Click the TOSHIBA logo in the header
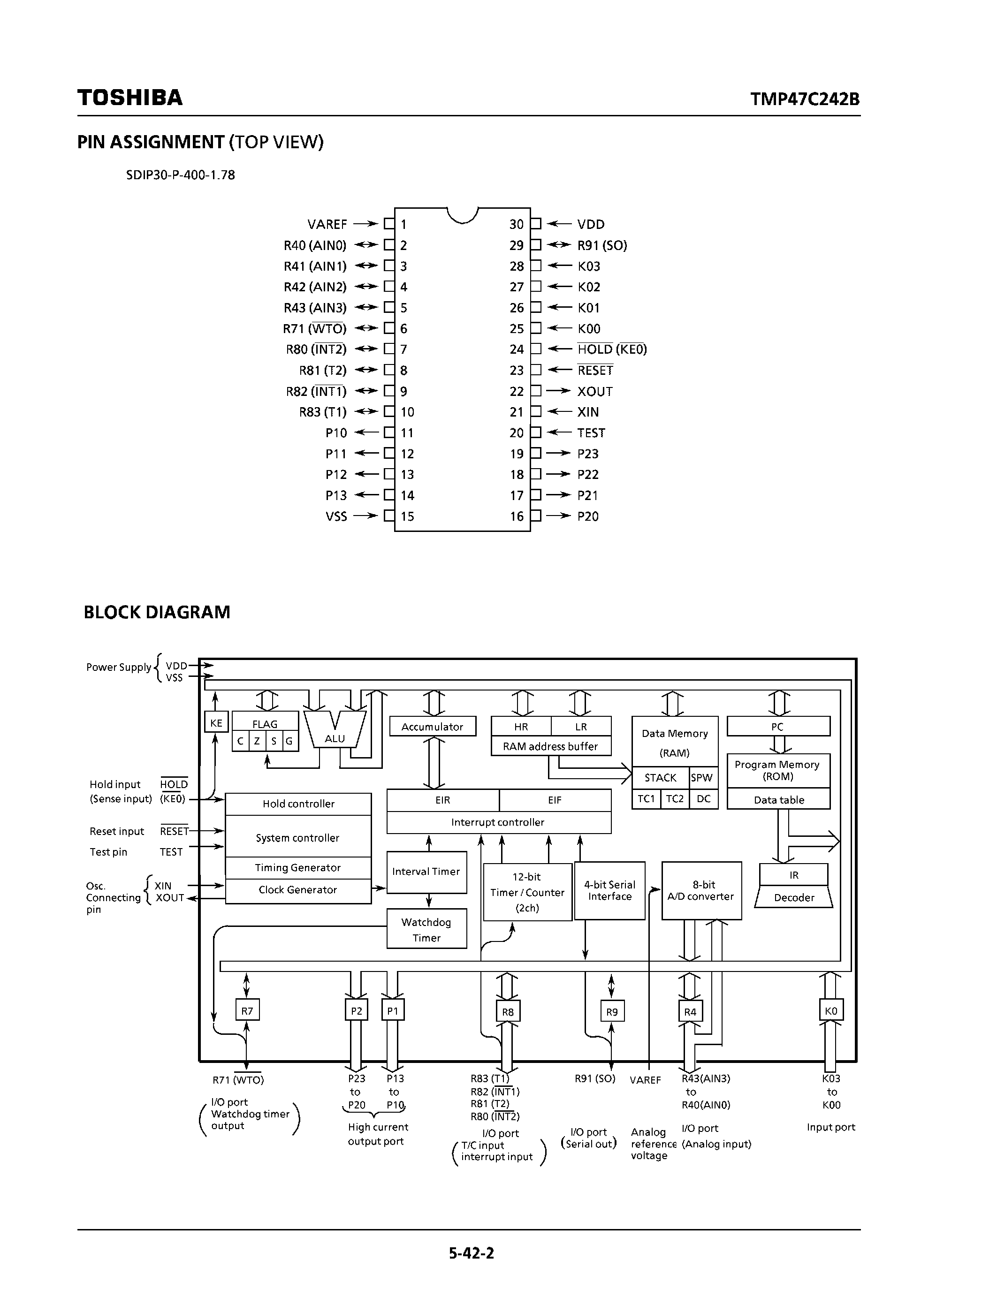pos(130,98)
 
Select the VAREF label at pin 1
pos(327,224)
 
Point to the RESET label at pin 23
pos(595,370)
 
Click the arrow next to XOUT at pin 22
pos(557,391)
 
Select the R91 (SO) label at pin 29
pos(602,245)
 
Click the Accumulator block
pos(433,727)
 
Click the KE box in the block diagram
pos(216,722)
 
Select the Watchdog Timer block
pos(426,929)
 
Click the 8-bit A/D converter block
pos(701,891)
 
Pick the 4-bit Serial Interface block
pos(609,891)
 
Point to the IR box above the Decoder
pos(793,875)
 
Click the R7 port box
pos(247,1010)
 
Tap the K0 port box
pos(830,1010)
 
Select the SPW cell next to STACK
pos(702,778)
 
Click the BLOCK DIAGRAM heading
pos(157,612)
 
